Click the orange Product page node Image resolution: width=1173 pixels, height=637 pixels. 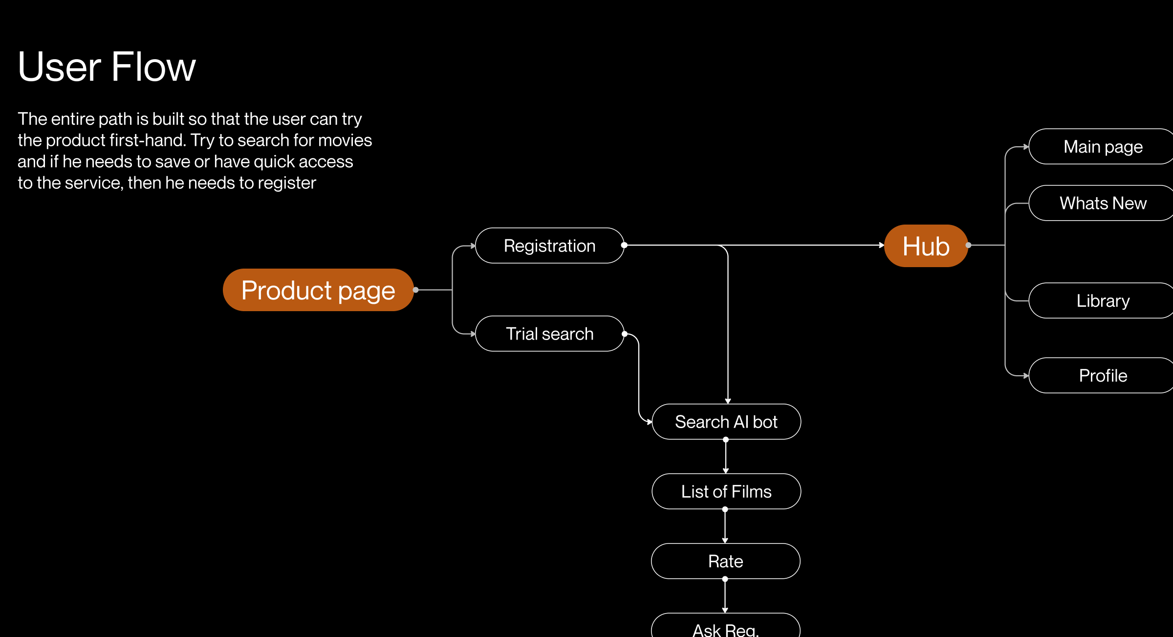coord(318,290)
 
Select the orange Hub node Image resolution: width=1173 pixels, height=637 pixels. coord(926,246)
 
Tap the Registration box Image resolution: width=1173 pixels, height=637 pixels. coord(549,246)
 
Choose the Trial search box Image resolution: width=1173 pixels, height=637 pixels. coord(549,334)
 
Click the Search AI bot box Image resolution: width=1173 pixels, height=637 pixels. coord(726,422)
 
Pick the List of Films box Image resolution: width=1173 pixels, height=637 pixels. coord(726,491)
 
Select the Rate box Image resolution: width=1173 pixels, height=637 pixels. coord(726,561)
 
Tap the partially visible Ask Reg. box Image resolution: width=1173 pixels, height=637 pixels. coord(726,628)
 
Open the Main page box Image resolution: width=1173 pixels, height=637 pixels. coord(1103,147)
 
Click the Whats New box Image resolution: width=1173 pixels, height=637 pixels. coord(1103,203)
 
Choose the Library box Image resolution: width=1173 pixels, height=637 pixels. coord(1103,300)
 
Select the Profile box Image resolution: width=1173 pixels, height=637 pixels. coord(1103,375)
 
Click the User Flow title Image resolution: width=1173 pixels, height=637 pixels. coord(107,67)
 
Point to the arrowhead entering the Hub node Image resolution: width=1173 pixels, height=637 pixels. coord(881,245)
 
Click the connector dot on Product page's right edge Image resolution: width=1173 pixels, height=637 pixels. coord(416,290)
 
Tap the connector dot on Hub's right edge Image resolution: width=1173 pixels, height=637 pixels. coord(968,245)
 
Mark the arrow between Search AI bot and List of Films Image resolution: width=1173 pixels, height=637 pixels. coord(726,456)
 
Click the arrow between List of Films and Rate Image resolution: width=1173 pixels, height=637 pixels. coord(725,526)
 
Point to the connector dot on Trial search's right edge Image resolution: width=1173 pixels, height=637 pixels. coord(625,334)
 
